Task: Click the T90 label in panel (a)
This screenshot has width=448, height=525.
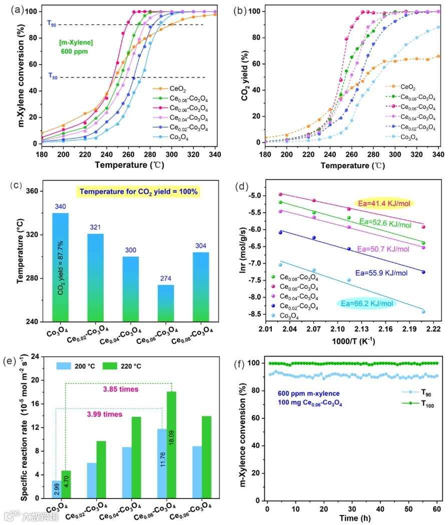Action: coord(52,23)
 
